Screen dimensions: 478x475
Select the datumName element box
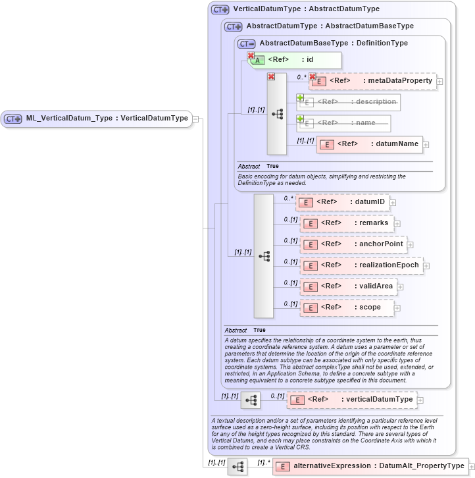369,144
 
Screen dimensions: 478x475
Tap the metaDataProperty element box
373,81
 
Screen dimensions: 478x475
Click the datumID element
342,201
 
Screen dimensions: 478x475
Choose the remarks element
347,223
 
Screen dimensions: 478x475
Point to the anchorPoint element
353,244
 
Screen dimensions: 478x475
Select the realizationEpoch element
361,265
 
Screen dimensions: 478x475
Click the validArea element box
349,286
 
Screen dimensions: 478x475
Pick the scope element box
349,307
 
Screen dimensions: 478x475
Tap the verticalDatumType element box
353,400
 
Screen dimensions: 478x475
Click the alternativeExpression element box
370,466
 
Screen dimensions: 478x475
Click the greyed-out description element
349,102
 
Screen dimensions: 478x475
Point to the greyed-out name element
343,123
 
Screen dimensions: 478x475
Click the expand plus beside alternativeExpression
472,466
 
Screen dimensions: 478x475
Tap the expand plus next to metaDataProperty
439,82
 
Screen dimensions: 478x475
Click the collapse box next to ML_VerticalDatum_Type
195,119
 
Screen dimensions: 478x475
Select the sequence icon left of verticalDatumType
251,400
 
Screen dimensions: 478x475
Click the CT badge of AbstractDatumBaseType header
247,43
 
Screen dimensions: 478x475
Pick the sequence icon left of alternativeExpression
237,466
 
